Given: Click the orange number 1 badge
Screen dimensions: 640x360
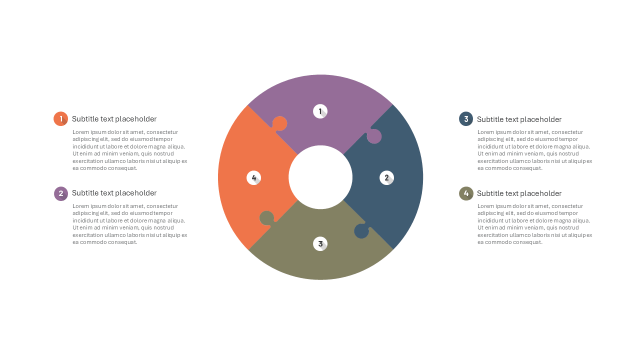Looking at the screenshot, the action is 60,119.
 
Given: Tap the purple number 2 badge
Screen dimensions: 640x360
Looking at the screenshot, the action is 61,193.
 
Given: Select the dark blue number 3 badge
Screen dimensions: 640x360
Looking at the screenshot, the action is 466,119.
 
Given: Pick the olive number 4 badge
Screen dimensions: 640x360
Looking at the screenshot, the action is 466,193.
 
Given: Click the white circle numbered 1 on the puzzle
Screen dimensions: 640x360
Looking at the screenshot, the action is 320,111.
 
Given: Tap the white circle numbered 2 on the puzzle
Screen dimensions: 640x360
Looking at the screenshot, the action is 386,177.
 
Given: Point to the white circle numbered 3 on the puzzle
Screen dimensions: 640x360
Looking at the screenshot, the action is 320,243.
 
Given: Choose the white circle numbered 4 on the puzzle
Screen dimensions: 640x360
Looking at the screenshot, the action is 253,177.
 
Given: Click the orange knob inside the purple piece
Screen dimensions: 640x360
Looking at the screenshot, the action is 279,123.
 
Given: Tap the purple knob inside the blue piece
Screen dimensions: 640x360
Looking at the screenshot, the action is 373,136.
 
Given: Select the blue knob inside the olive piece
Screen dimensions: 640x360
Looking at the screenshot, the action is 361,231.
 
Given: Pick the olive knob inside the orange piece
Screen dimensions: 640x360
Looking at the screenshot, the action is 266,218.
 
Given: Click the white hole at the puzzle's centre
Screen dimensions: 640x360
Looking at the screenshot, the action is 320,177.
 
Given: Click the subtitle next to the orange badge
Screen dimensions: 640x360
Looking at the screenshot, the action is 114,119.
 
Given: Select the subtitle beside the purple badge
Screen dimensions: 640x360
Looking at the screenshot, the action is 114,193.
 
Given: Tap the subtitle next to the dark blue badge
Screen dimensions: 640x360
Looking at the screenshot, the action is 519,119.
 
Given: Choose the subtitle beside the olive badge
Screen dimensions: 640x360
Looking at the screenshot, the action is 519,193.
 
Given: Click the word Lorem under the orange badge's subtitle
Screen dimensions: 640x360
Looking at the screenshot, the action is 80,132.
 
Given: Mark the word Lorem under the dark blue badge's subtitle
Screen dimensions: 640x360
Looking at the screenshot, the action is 485,132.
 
